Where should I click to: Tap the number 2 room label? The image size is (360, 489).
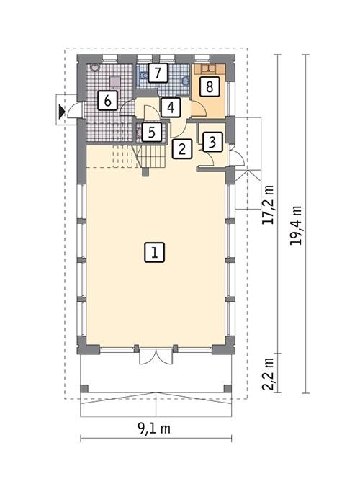[182, 149]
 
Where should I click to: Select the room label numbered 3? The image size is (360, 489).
[212, 141]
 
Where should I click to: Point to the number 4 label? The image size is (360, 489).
[169, 107]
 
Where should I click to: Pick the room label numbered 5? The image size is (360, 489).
[150, 132]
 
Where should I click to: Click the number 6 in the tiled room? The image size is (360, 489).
[107, 100]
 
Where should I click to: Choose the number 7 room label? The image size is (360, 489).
[159, 72]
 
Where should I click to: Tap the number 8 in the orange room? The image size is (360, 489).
[208, 87]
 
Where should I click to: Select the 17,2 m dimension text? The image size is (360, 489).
[269, 205]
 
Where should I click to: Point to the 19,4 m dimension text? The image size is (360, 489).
[295, 225]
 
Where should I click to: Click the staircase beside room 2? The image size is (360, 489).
[152, 155]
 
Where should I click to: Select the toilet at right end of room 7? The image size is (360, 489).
[186, 83]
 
